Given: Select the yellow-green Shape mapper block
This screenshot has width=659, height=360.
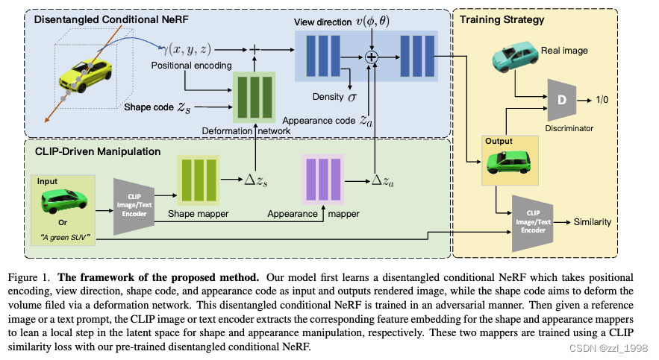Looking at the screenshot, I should [196, 181].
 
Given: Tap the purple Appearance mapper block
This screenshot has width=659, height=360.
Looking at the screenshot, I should [322, 181].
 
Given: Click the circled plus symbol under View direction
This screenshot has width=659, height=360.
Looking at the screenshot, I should [371, 56].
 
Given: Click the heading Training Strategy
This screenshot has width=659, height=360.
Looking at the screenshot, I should [502, 20].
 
